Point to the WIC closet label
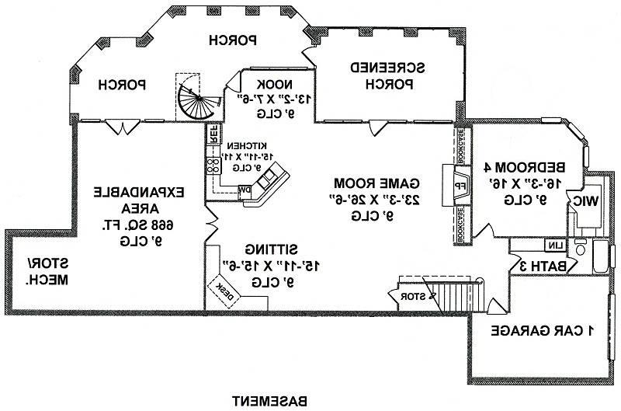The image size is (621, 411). click(587, 200)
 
